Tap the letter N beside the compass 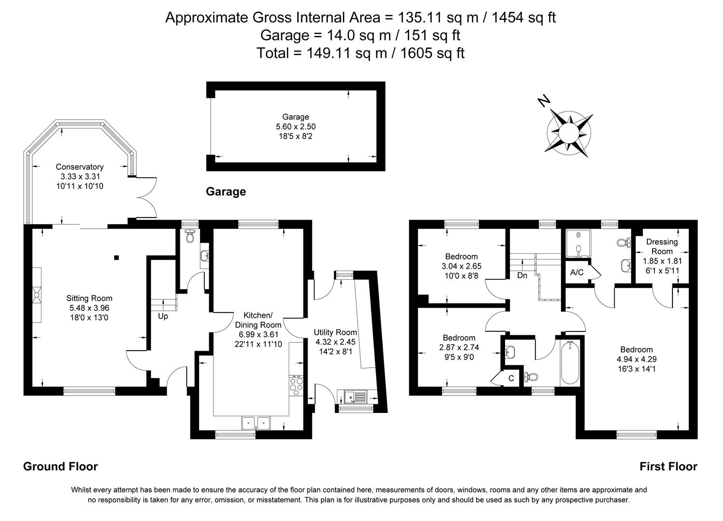[x=544, y=101]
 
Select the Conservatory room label [x=80, y=167]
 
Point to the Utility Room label [x=335, y=332]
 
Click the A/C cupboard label [x=576, y=273]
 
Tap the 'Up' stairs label [x=163, y=317]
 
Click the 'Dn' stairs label [x=522, y=276]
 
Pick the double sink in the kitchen [x=256, y=423]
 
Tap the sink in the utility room [x=355, y=397]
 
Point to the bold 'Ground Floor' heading [x=60, y=466]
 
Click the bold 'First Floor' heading [x=668, y=466]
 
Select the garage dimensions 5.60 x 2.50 [x=295, y=126]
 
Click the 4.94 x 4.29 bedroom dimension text [x=636, y=359]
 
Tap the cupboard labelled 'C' [x=511, y=379]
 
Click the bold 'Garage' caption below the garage [x=226, y=192]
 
